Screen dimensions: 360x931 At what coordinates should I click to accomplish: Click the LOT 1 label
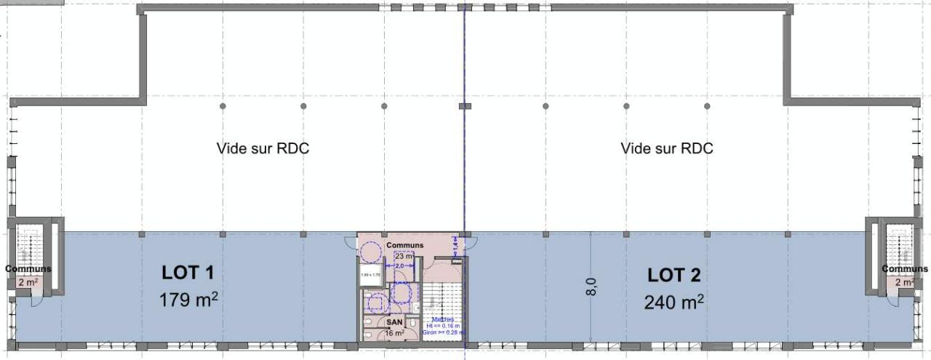click(x=187, y=273)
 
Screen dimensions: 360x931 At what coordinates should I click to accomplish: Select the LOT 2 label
click(x=674, y=275)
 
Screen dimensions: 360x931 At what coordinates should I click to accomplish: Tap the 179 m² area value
click(x=188, y=300)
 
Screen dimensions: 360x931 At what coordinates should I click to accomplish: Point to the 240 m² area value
click(x=674, y=301)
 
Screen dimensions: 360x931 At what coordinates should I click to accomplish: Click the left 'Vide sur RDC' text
click(x=263, y=148)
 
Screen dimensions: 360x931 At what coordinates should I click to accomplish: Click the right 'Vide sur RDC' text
click(x=667, y=148)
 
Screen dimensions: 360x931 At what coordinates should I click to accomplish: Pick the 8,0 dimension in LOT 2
click(x=593, y=287)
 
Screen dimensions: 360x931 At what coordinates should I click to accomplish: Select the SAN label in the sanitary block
click(x=394, y=321)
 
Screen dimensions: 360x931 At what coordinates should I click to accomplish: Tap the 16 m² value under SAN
click(x=394, y=332)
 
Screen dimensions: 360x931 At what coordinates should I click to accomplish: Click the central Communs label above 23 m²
click(x=404, y=245)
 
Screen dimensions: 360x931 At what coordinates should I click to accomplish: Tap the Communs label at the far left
click(x=28, y=269)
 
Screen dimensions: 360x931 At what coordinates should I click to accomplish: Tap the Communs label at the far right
click(x=905, y=269)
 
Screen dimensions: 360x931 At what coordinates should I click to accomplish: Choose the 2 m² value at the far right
click(x=904, y=281)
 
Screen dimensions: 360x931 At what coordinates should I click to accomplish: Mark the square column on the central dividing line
click(x=464, y=106)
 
